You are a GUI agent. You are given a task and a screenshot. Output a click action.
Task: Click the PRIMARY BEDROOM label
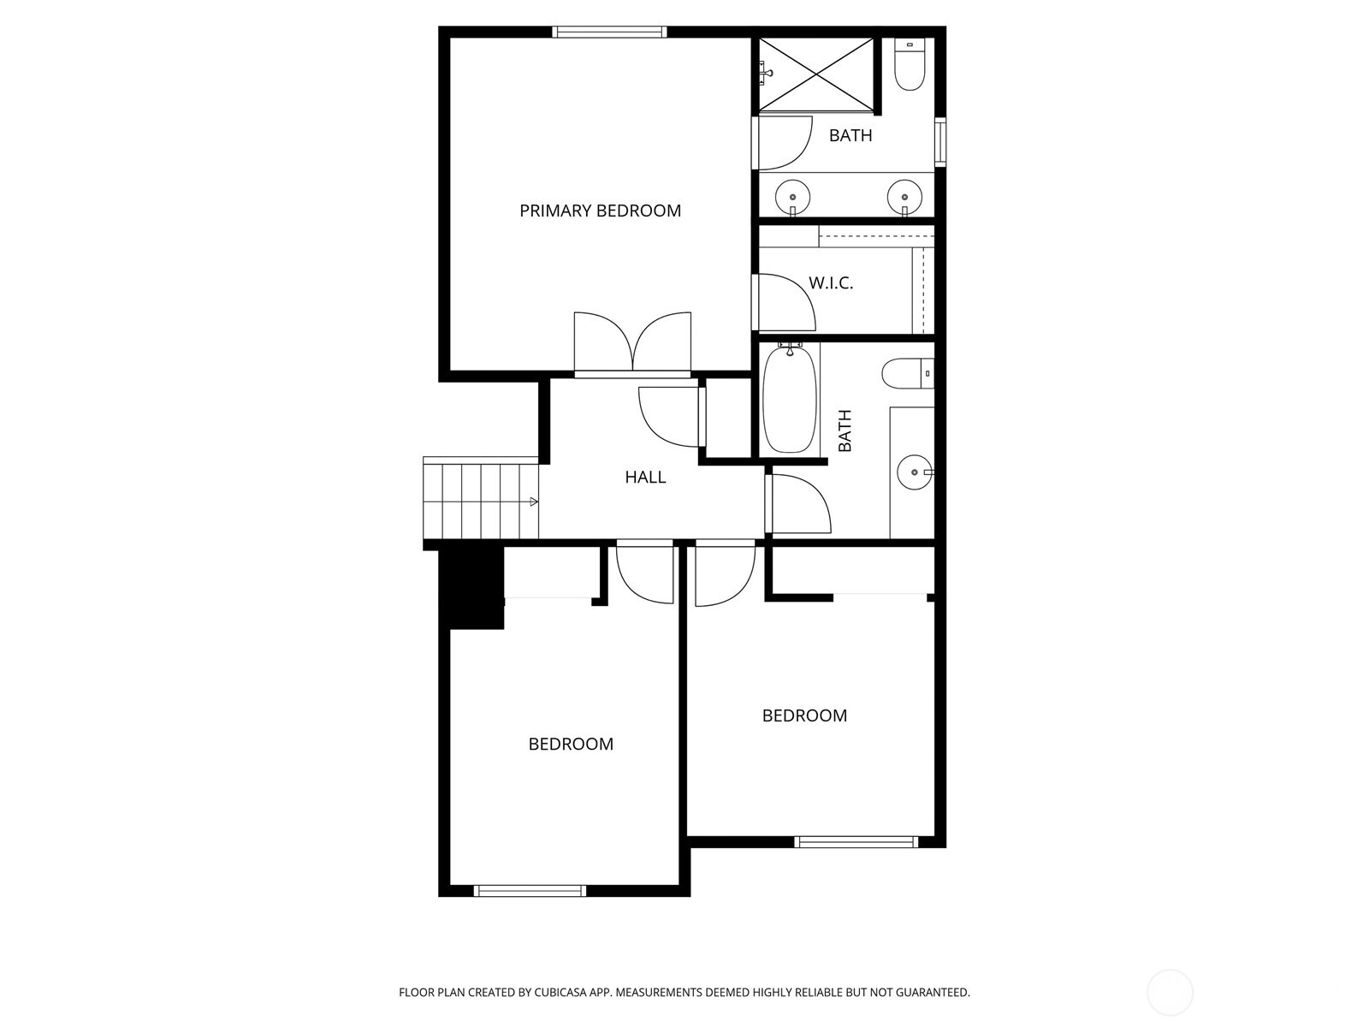[x=600, y=211]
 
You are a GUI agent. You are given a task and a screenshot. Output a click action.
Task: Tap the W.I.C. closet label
[x=831, y=283]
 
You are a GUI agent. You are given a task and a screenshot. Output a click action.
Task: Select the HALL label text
[x=645, y=477]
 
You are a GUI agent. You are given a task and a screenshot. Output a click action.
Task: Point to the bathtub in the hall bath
[x=790, y=399]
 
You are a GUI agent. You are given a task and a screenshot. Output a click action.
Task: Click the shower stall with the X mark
[x=815, y=75]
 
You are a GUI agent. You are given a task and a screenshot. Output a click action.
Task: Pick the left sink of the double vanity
[x=792, y=198]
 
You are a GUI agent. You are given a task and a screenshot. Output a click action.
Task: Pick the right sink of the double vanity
[x=905, y=198]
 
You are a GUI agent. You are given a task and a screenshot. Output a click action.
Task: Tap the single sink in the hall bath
[x=915, y=472]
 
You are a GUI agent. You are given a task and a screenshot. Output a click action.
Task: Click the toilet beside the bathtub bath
[x=908, y=373]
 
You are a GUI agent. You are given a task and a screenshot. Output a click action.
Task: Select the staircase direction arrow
[x=534, y=502]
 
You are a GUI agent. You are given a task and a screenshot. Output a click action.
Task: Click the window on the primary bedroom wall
[x=609, y=32]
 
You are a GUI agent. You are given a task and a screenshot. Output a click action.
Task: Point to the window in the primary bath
[x=939, y=142]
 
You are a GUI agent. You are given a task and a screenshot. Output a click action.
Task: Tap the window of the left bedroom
[x=530, y=891]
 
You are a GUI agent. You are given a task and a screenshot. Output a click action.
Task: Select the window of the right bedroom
[x=856, y=842]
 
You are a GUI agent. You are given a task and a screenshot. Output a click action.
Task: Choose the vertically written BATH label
[x=845, y=430]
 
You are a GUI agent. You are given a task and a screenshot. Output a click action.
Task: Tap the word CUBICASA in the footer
[x=560, y=992]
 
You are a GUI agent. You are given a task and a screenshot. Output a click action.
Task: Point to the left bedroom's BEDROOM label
[x=571, y=744]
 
